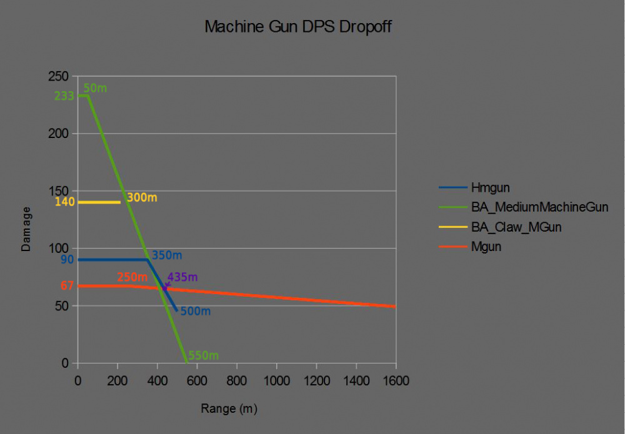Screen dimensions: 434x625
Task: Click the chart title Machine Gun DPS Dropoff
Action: pos(298,27)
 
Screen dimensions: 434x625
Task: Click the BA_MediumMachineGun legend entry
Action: pos(539,206)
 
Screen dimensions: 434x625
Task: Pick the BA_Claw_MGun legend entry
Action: pos(516,227)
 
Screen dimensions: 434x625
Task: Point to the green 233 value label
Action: pos(64,96)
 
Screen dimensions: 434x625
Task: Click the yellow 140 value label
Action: pos(65,202)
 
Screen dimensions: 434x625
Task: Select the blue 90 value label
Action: pos(67,259)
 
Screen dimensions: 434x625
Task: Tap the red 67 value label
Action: pos(67,285)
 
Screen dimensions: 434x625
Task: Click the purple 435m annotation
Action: pos(182,277)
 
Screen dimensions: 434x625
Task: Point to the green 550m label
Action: pos(203,355)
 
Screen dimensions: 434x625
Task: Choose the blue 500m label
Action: pos(195,311)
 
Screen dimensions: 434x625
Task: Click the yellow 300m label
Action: pos(142,197)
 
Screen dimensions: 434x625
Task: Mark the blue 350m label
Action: pos(167,255)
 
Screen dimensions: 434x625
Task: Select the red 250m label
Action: pos(132,277)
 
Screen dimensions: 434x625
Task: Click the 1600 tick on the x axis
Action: pos(395,380)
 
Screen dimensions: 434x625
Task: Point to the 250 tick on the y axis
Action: pos(58,76)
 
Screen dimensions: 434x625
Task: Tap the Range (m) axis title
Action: pos(229,409)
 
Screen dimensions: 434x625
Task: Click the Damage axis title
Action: pos(26,229)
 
